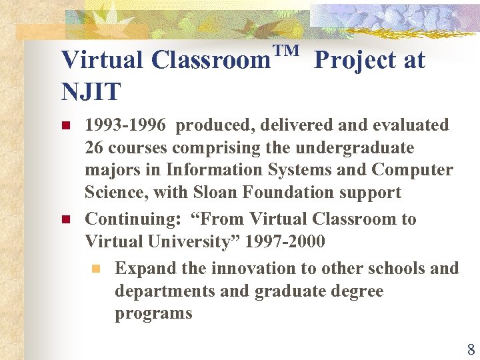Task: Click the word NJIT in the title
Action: click(91, 91)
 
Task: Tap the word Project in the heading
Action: click(355, 61)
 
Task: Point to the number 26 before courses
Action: click(94, 147)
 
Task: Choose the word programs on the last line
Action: click(153, 313)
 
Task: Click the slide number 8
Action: click(471, 349)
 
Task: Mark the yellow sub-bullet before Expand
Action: click(96, 269)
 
